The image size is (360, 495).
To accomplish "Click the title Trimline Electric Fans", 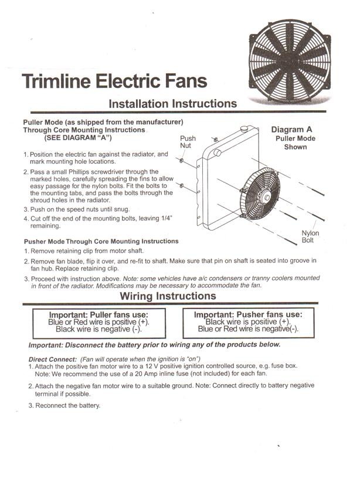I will [x=114, y=81].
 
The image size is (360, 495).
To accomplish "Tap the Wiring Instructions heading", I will [x=168, y=296].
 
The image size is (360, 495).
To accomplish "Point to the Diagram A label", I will [x=296, y=130].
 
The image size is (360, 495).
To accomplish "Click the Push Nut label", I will [x=188, y=142].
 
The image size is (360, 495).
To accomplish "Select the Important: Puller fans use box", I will [x=99, y=323].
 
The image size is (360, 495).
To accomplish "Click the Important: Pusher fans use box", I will [x=248, y=323].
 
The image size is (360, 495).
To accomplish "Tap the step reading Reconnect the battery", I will [x=68, y=405].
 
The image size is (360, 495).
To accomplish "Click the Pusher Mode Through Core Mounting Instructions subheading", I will [x=101, y=241].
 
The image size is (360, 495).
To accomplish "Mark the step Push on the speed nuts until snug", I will [x=80, y=209].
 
